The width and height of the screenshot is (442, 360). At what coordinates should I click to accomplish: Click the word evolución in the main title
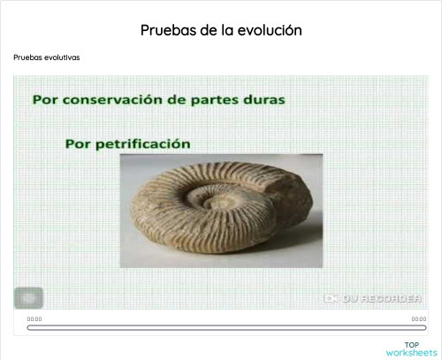coord(270,30)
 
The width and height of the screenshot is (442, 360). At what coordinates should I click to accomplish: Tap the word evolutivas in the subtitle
coord(60,57)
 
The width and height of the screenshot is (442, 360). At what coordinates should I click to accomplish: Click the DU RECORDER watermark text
coord(382,298)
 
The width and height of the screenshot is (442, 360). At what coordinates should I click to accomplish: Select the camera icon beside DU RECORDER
coord(331,298)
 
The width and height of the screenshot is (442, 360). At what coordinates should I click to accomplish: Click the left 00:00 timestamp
coord(34,318)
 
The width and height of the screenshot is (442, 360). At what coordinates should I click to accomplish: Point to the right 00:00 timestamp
coord(419,318)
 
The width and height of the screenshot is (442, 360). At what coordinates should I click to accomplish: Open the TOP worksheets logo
coord(411,349)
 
